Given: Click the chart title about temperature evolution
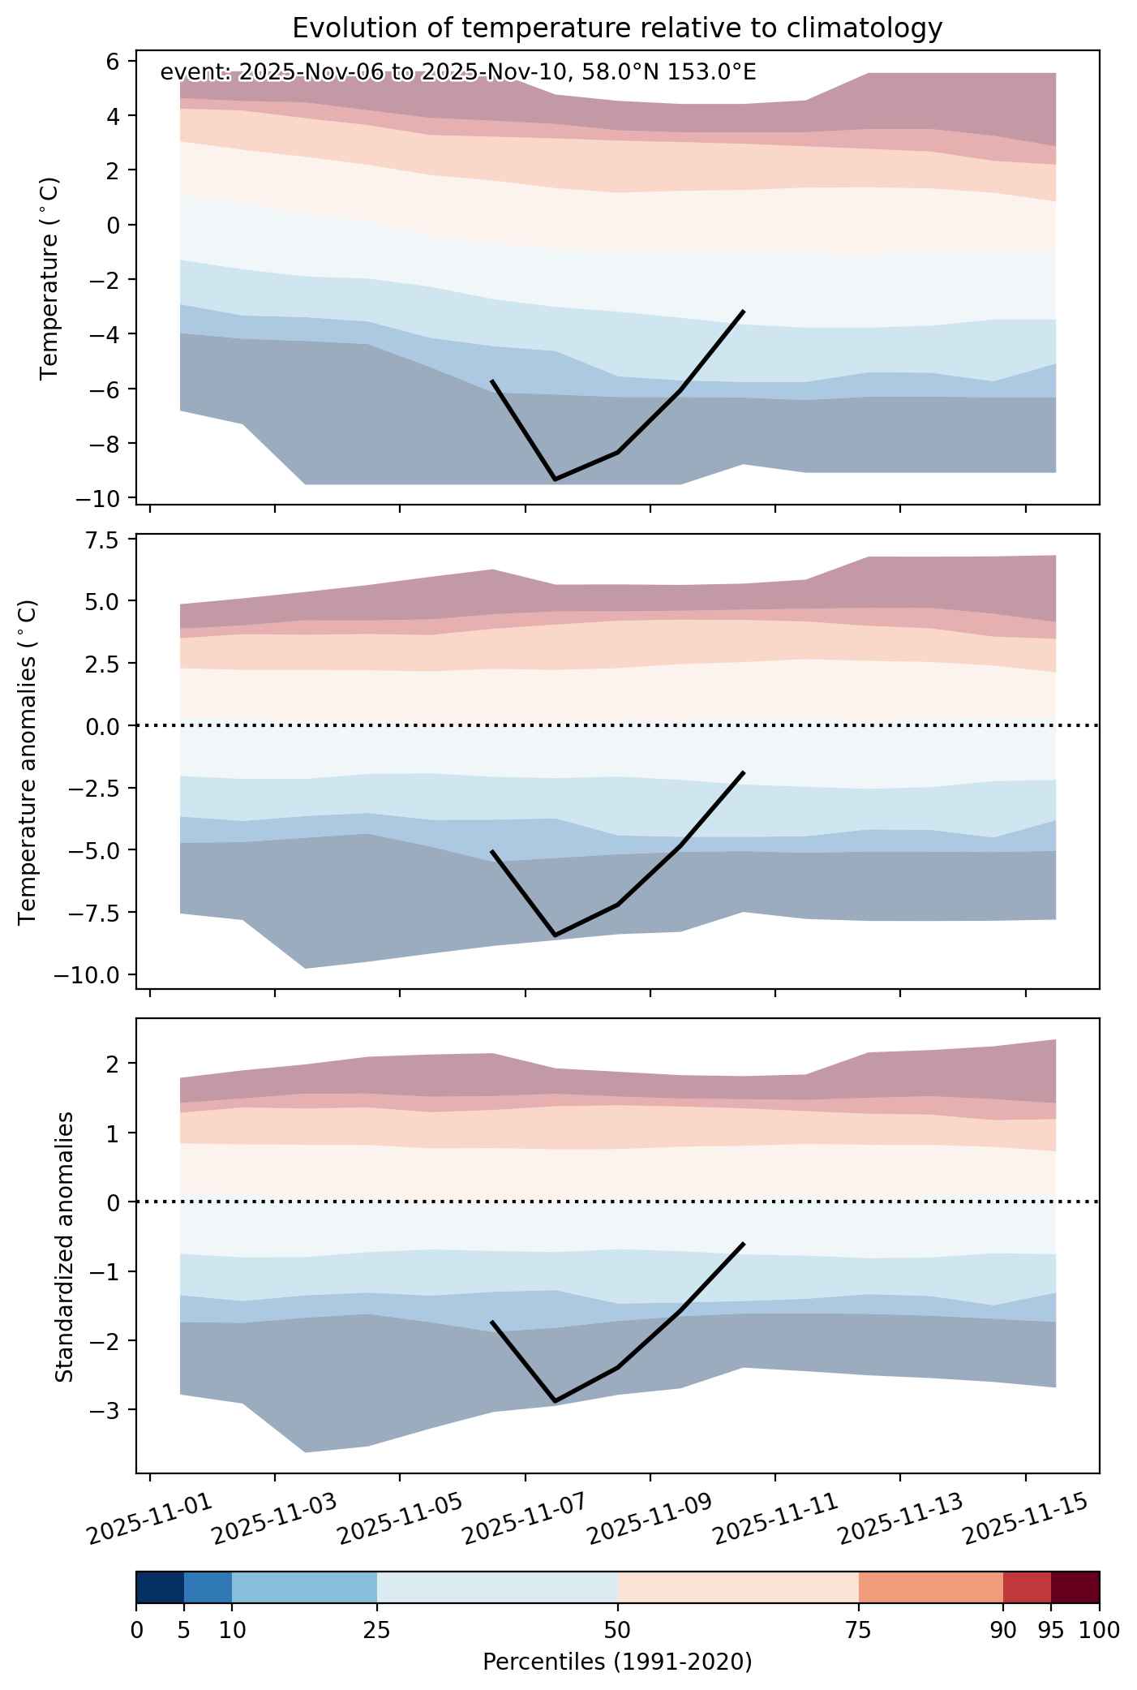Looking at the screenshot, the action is (x=617, y=28).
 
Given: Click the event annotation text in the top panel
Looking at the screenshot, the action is (x=458, y=72).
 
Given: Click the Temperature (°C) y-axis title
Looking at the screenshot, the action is (x=50, y=278).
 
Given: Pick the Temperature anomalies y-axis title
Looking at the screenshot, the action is (x=28, y=761).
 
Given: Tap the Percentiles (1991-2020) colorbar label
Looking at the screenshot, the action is (x=617, y=1662).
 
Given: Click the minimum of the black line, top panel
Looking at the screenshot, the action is (x=555, y=479).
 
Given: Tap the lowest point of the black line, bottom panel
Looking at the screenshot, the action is (x=555, y=1401).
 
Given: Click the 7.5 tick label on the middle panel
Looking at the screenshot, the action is (x=105, y=540).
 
